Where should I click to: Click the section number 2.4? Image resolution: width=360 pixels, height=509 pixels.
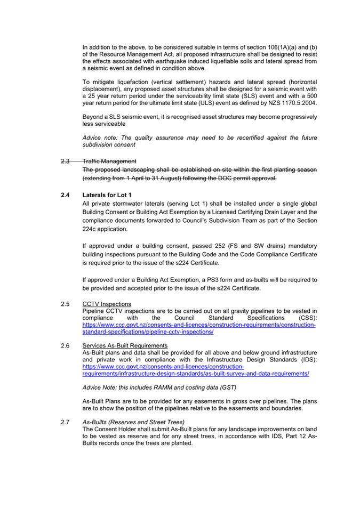[x=66, y=195]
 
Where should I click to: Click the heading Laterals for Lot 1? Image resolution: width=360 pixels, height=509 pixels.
[x=107, y=195]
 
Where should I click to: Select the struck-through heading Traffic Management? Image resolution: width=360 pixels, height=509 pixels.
[x=109, y=161]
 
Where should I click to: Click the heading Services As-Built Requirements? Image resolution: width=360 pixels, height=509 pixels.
[x=125, y=346]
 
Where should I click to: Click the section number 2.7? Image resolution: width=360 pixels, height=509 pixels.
[x=66, y=422]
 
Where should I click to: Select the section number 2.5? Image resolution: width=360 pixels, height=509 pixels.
[x=66, y=304]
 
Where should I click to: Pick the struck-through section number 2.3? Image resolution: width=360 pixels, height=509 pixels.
[x=66, y=161]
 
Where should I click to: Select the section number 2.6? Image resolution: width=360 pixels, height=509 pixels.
[x=66, y=346]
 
